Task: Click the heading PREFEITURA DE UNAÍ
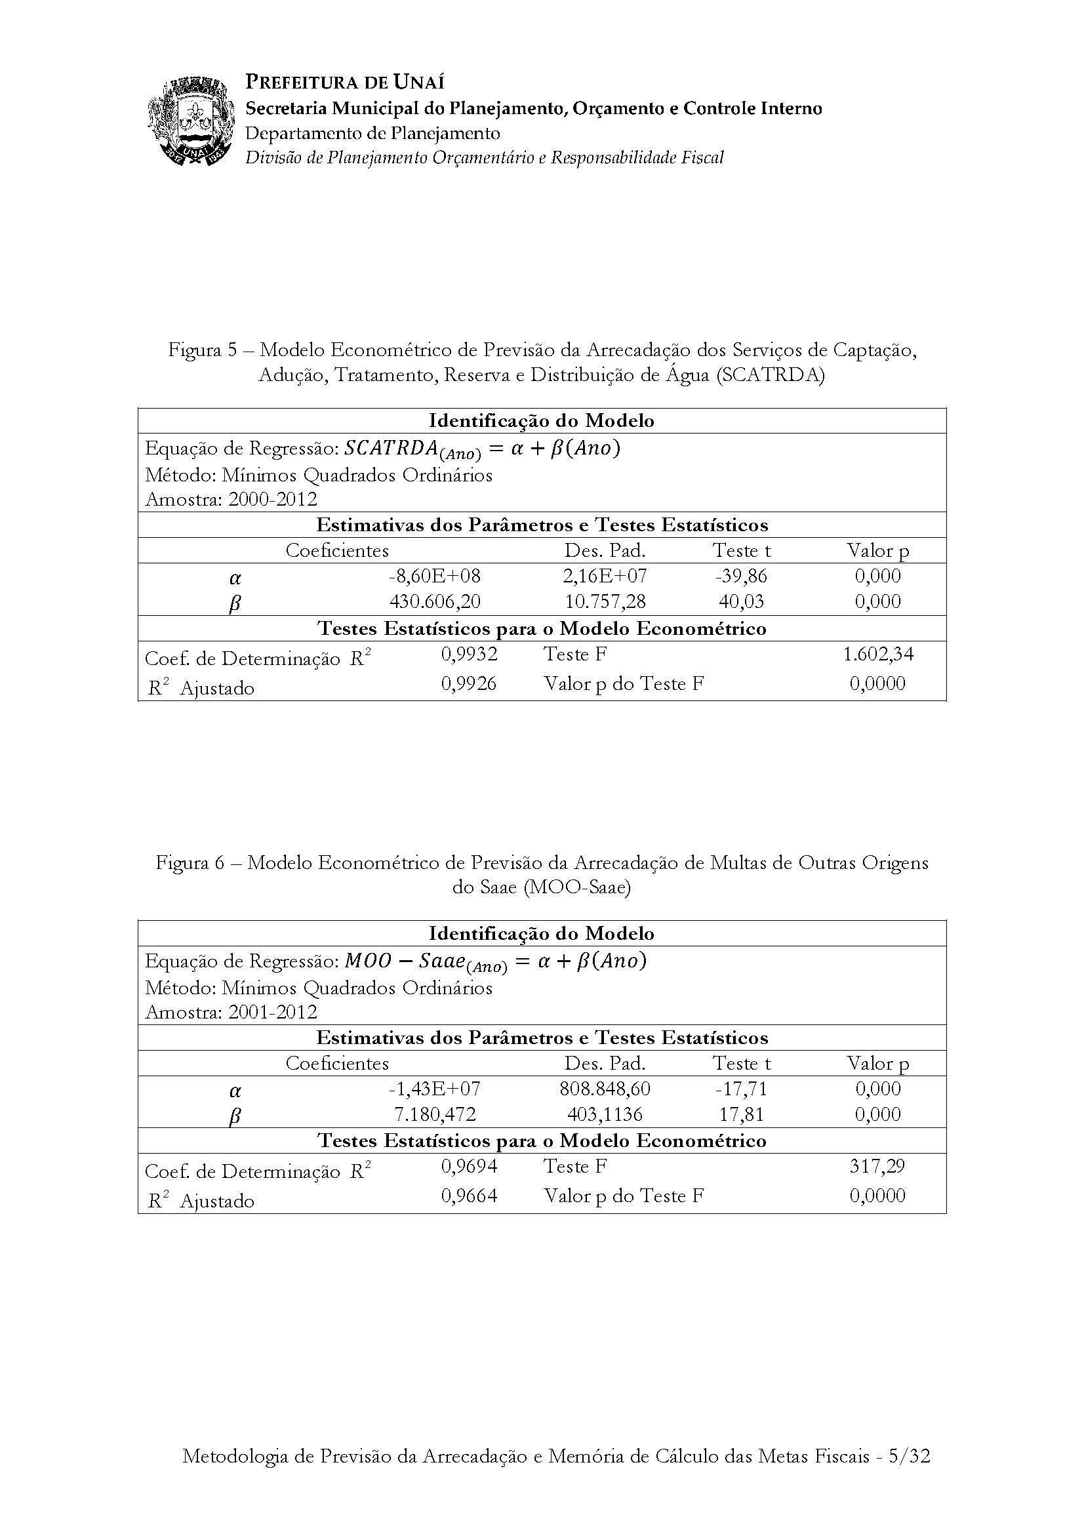[345, 82]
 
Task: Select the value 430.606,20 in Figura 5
[435, 601]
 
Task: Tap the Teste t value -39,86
[742, 576]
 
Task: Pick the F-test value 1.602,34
[877, 654]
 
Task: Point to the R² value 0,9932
[469, 654]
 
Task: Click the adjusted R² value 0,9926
[469, 683]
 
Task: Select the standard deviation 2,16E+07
[605, 576]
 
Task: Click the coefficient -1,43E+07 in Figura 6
[435, 1089]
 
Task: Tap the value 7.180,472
[435, 1114]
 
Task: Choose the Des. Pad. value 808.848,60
[605, 1089]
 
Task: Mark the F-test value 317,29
[877, 1167]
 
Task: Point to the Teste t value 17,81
[742, 1114]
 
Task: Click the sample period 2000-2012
[273, 499]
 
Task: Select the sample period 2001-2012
[273, 1012]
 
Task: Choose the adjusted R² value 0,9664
[469, 1196]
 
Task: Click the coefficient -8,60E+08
[435, 576]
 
